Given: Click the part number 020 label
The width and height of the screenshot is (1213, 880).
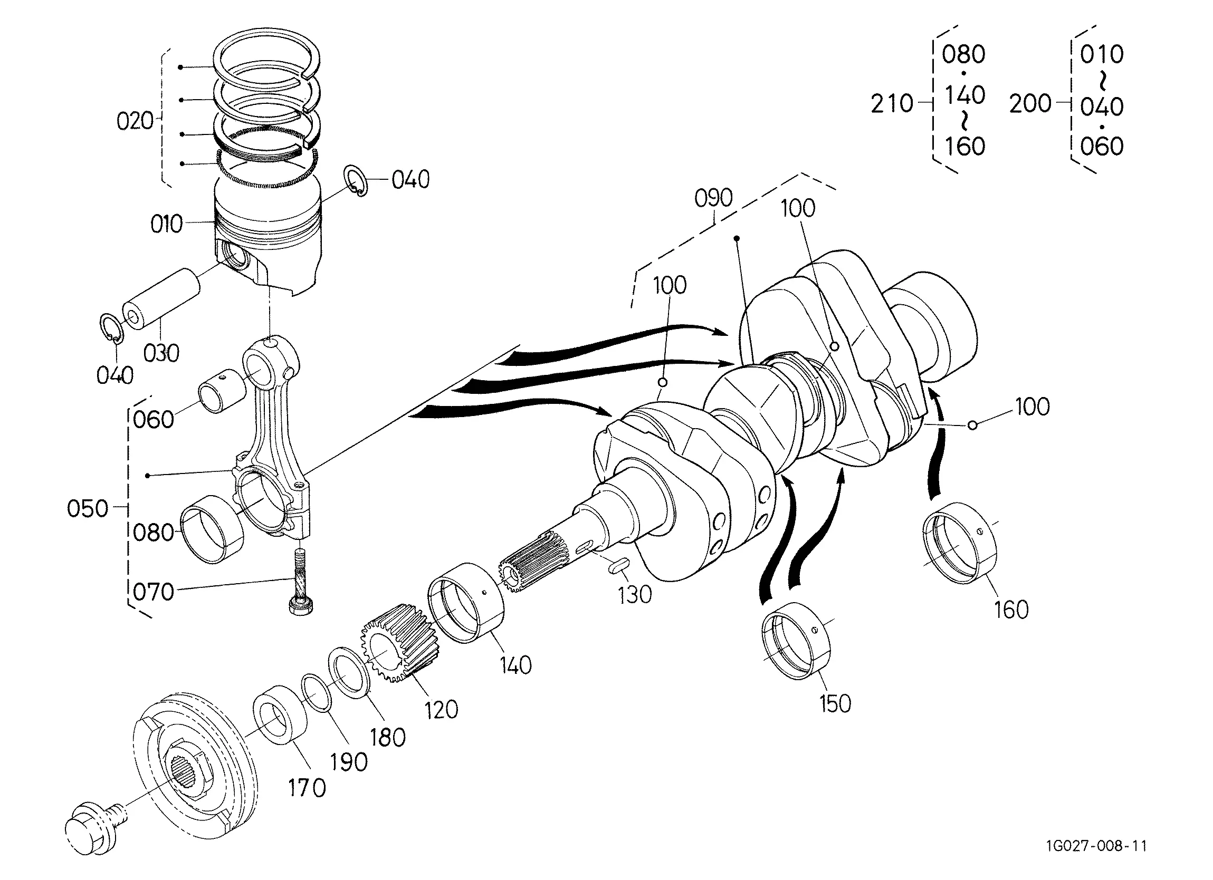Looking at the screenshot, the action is click(x=135, y=121).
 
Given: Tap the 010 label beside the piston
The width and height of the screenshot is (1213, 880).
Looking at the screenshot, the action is click(x=167, y=224).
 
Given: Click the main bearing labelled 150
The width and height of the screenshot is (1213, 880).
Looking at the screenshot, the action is click(x=796, y=640).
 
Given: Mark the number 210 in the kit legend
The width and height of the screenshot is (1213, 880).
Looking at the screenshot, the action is click(x=892, y=103).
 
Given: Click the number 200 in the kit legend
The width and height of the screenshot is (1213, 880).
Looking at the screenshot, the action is click(x=1030, y=103).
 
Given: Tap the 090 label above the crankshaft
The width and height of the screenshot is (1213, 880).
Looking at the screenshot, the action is click(x=713, y=198).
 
